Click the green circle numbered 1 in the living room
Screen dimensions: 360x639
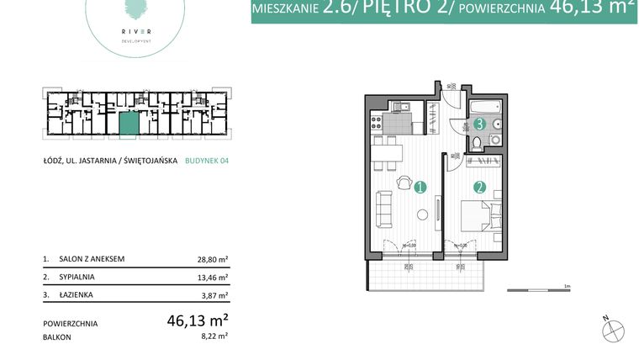tap(420, 188)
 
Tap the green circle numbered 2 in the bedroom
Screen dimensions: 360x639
tap(480, 188)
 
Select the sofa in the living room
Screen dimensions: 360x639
tap(383, 209)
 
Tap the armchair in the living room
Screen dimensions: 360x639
tap(404, 181)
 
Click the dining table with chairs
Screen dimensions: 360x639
tap(386, 153)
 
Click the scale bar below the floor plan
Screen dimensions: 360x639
tap(539, 291)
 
